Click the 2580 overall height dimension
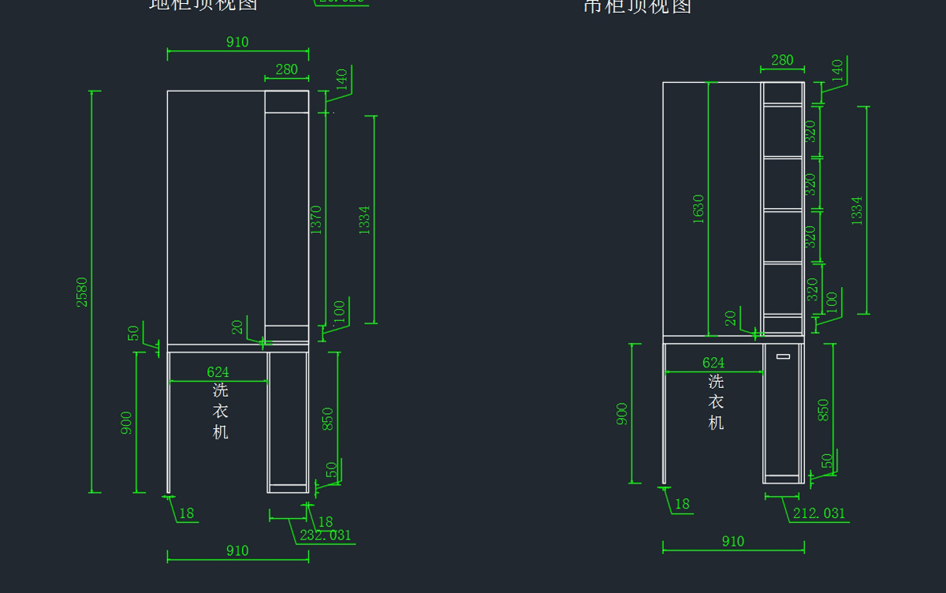(x=82, y=292)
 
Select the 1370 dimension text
(x=316, y=220)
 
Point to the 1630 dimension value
(x=698, y=209)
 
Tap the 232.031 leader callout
(x=326, y=535)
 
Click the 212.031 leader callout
(x=819, y=513)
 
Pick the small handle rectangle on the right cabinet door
(x=783, y=356)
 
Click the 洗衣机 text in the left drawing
(x=221, y=411)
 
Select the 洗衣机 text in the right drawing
(x=716, y=402)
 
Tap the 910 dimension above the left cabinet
(x=237, y=43)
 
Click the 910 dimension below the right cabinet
(x=733, y=541)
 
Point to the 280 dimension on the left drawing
(x=286, y=69)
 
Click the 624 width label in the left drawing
(x=218, y=371)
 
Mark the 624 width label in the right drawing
(x=713, y=363)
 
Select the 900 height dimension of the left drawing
(x=126, y=423)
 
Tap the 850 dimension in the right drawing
(x=824, y=410)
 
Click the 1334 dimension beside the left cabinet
(x=364, y=220)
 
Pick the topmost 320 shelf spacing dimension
(x=810, y=131)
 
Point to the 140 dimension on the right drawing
(x=837, y=70)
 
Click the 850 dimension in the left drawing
(x=328, y=418)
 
